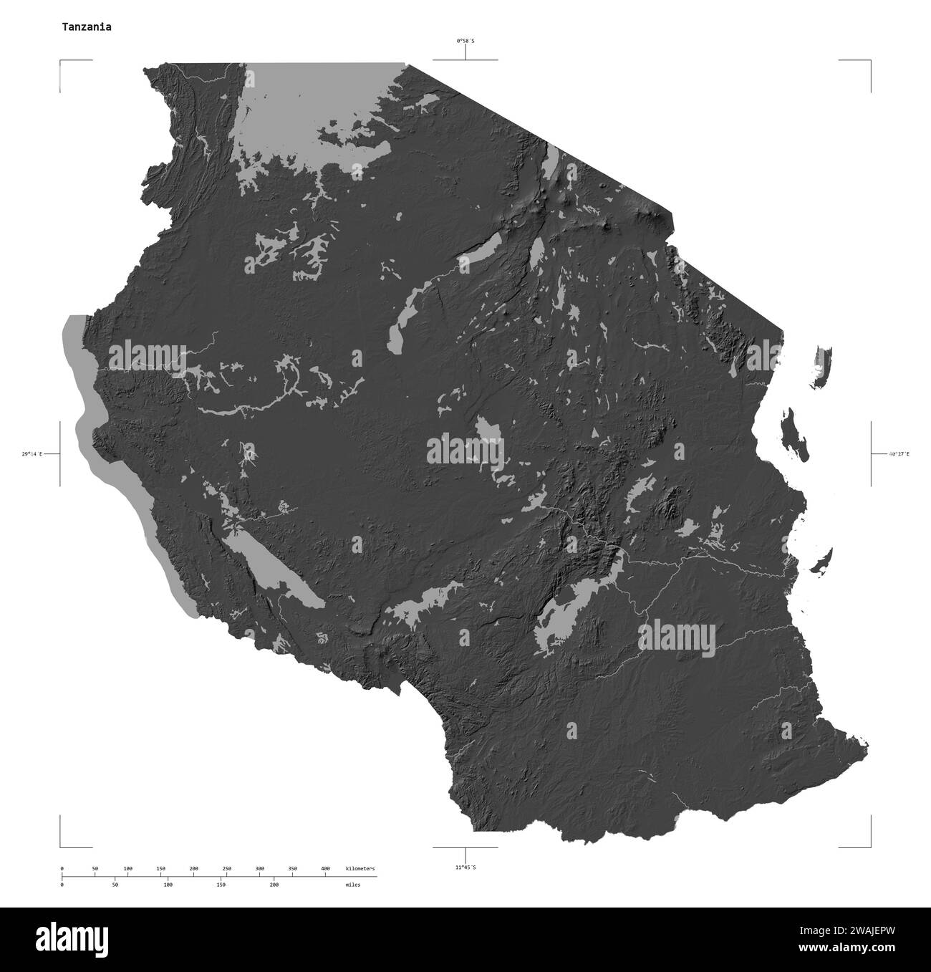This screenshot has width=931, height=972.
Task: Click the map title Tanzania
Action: pos(86,27)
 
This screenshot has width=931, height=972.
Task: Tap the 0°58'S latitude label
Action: pos(465,41)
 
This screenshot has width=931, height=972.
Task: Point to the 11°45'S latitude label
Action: pos(465,867)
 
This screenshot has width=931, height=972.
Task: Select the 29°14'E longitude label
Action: pos(32,454)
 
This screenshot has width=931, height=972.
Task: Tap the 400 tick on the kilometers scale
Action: pos(325,869)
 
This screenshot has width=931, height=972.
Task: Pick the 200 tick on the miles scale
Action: pos(274,885)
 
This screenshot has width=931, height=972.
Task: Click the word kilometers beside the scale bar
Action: pos(360,869)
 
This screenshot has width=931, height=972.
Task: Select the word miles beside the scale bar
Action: pos(352,885)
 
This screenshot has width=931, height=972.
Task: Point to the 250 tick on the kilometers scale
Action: pos(226,869)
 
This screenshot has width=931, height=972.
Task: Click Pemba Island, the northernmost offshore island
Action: pos(822,367)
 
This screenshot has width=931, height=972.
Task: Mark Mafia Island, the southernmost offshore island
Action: pos(822,561)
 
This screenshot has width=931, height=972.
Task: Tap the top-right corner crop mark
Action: pos(870,62)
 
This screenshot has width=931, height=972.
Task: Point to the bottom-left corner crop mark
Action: pos(61,846)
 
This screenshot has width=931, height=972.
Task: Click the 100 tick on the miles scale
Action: pos(168,885)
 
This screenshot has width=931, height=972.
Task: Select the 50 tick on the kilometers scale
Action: pos(95,869)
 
